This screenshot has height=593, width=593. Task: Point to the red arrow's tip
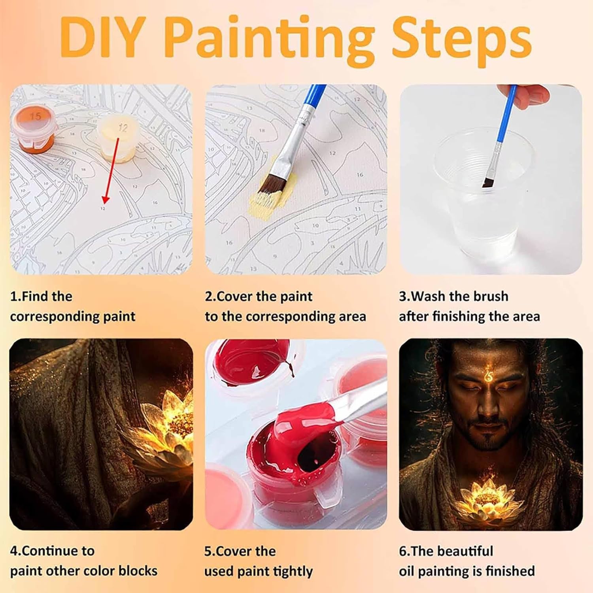pyautogui.click(x=104, y=202)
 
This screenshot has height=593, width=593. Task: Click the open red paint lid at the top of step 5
pyautogui.click(x=253, y=362)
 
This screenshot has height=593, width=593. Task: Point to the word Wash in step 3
pyautogui.click(x=431, y=296)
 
